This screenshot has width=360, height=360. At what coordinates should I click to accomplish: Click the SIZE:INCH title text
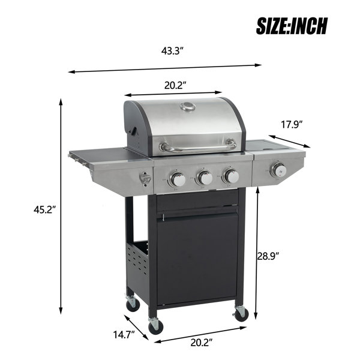[292, 26]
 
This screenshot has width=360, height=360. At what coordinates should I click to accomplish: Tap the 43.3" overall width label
[172, 51]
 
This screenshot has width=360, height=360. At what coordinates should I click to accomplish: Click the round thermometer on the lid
[188, 108]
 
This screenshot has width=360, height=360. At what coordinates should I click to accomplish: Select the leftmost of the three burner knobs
[178, 178]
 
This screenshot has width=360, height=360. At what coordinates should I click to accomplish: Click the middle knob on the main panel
[205, 178]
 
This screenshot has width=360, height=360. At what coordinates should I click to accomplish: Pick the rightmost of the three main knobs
[230, 176]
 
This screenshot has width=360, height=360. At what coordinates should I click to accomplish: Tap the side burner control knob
[277, 170]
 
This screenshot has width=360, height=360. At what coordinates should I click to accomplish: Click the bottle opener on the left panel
[144, 178]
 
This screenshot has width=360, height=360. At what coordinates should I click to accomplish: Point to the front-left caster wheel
[155, 326]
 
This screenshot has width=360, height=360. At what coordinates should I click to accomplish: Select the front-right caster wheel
[241, 313]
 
